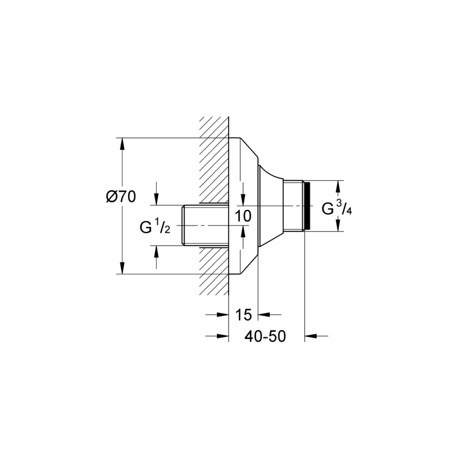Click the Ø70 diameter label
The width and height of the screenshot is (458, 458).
click(121, 196)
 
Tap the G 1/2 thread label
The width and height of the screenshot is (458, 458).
click(155, 227)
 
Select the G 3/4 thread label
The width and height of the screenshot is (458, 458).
click(337, 208)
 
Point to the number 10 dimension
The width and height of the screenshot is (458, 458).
click(243, 216)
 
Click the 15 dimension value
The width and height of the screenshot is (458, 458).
click(243, 314)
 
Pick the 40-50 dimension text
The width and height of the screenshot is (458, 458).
click(265, 336)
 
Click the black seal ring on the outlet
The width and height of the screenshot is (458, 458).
click(307, 206)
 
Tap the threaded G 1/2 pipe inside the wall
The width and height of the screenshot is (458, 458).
click(205, 225)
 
